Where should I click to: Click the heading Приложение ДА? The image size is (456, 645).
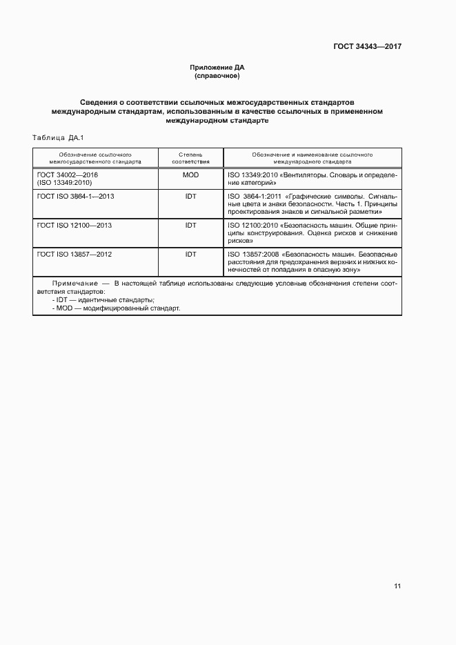(217, 67)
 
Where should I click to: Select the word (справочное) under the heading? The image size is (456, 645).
(217, 75)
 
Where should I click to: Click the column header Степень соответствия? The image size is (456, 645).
(190, 157)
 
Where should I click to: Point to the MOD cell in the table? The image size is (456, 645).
(190, 175)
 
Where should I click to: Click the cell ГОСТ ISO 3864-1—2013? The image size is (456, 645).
(76, 196)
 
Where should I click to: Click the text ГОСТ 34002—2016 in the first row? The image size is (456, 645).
(68, 175)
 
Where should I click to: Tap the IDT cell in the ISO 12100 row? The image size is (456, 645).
(190, 225)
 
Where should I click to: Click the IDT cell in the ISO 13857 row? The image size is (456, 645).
(190, 254)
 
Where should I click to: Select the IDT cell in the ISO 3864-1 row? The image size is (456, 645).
(190, 196)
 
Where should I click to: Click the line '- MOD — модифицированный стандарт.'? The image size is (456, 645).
(115, 308)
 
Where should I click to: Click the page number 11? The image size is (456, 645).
(397, 586)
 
